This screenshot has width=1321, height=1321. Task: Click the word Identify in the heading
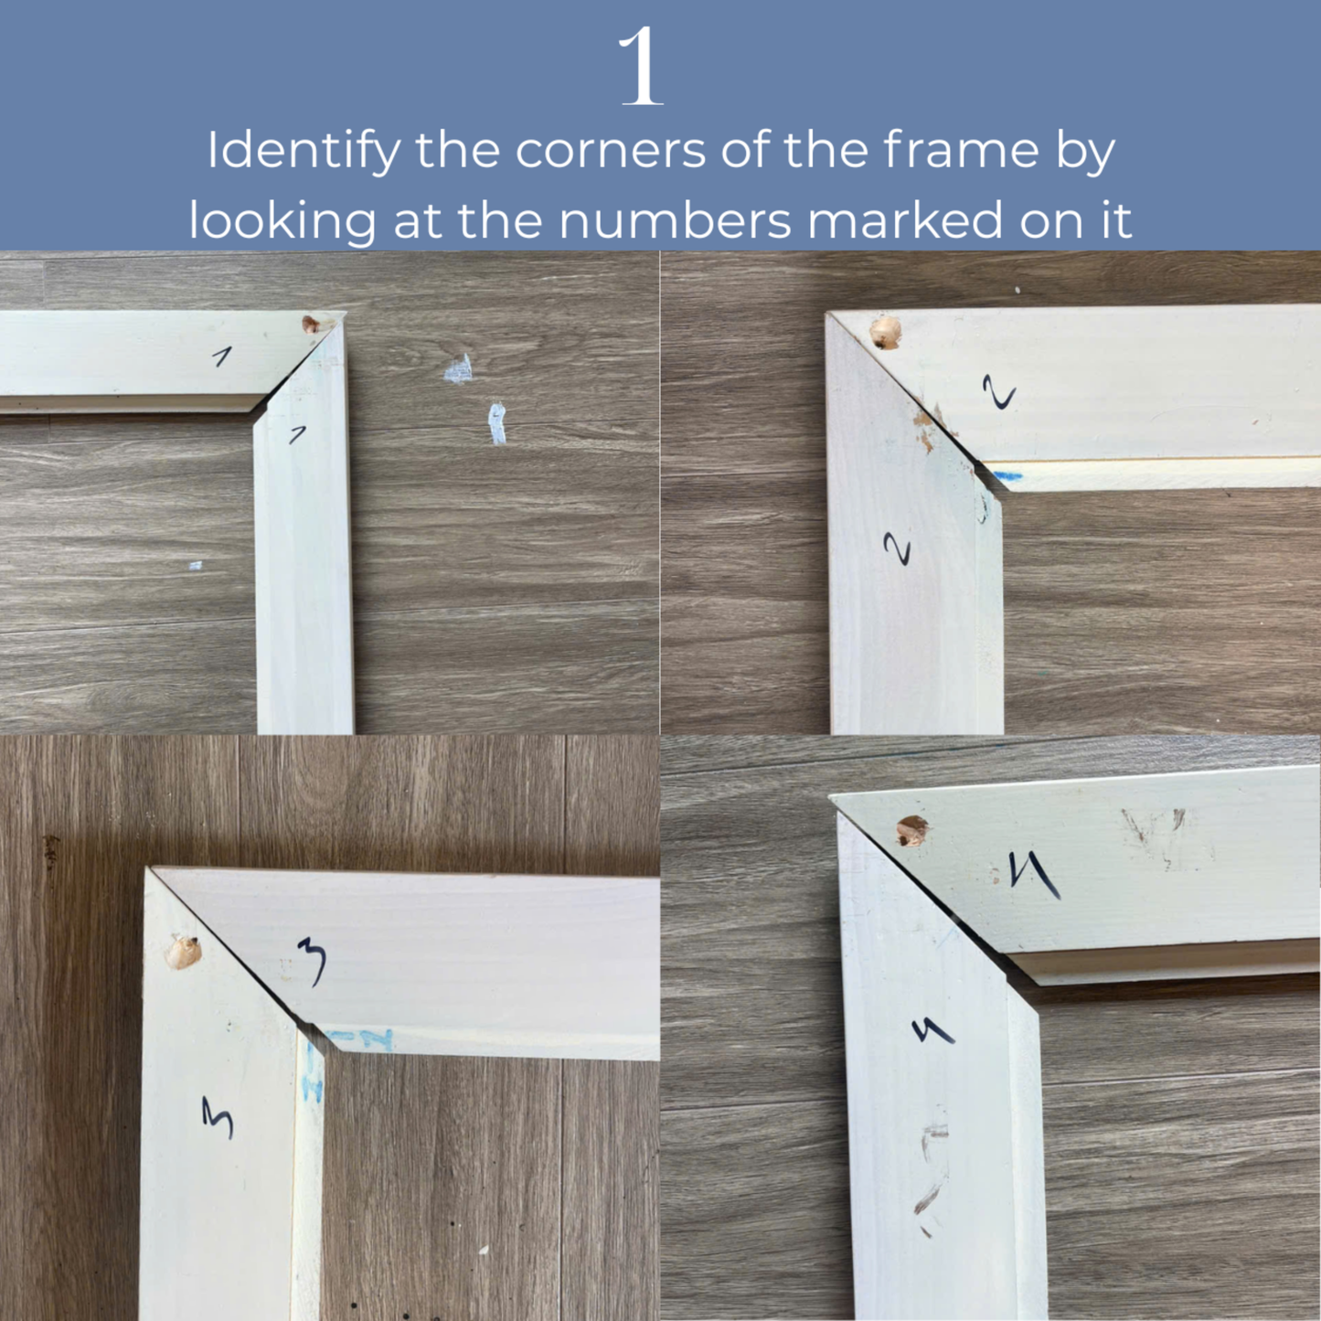(303, 152)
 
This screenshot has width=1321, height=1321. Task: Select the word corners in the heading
(611, 152)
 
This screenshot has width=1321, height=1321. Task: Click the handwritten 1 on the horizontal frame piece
(221, 356)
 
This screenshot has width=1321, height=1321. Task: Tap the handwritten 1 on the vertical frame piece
(297, 434)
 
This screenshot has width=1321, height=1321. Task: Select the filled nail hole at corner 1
(312, 324)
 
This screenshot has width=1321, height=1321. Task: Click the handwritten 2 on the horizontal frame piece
(999, 393)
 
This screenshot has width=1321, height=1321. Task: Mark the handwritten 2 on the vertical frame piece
(898, 549)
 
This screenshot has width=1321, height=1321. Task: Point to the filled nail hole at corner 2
(884, 333)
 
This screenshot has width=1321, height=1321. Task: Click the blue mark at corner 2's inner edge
(1007, 476)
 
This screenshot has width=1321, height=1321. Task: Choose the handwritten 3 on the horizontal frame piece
(313, 963)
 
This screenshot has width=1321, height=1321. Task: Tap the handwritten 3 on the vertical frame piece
(218, 1117)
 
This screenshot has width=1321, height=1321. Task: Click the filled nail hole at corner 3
(184, 953)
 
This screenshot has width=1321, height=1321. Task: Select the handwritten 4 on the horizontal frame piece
(1033, 874)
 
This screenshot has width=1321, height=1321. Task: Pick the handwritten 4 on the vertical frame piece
(933, 1032)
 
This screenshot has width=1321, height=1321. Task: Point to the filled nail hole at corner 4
(911, 831)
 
